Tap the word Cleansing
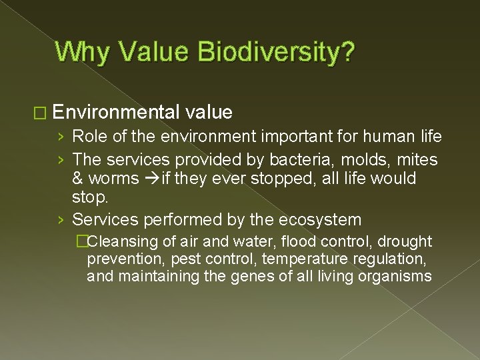pos(121,241)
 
